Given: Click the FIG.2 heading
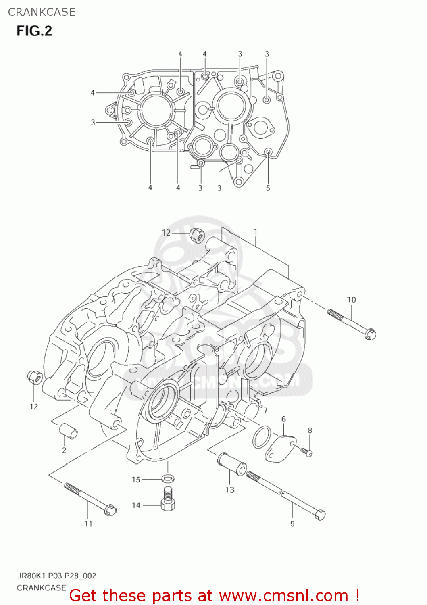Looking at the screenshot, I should pos(34,31).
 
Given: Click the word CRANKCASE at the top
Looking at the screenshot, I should pos(42,12).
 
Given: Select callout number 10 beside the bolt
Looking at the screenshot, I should pos(351,300).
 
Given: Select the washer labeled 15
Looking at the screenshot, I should pos(169,478).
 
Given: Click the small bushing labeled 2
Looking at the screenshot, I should pos(69,431).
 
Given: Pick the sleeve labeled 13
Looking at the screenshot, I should pos(232,464).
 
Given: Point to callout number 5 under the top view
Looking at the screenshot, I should pos(268,188).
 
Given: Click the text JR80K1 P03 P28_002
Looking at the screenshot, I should pos(56,576).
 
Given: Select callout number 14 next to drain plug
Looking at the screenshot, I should pos(136,505).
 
